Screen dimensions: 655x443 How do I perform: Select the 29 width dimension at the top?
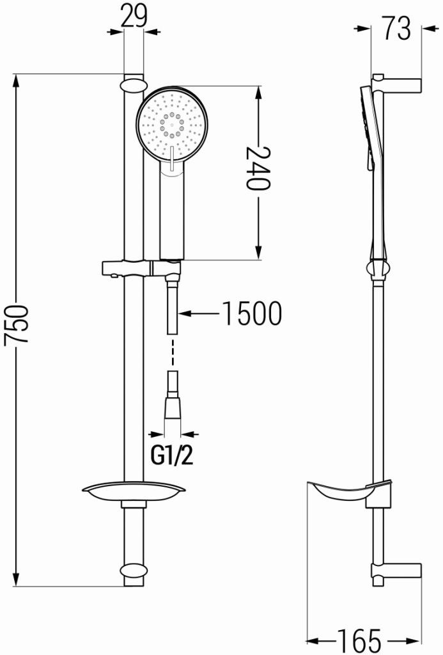pyautogui.click(x=134, y=16)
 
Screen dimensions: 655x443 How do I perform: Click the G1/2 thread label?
pyautogui.click(x=172, y=455)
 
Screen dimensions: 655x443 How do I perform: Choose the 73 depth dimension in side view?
pyautogui.click(x=396, y=29)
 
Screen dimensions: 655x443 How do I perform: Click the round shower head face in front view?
pyautogui.click(x=171, y=123)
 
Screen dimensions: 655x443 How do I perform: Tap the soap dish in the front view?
pyautogui.click(x=134, y=491)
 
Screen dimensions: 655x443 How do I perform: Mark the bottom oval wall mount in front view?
pyautogui.click(x=133, y=571)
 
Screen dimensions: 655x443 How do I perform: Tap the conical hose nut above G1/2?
pyautogui.click(x=173, y=407)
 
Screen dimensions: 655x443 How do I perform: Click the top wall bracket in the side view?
pyautogui.click(x=396, y=85)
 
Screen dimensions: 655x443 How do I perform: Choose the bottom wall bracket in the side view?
pyautogui.click(x=396, y=571)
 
